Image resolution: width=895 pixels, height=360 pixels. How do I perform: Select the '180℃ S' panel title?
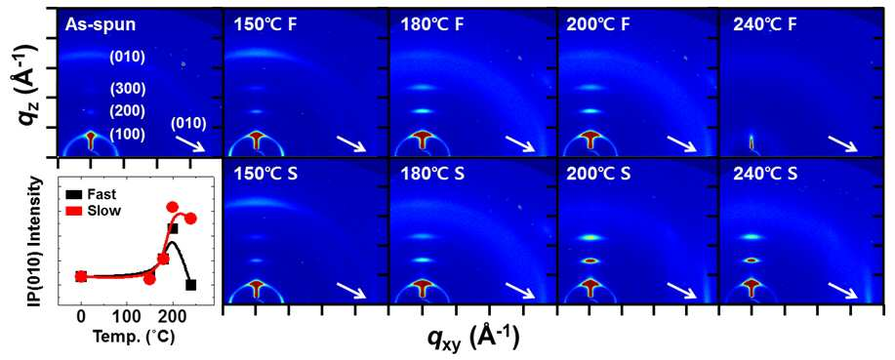click(435, 174)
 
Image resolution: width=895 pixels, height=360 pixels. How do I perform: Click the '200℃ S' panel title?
click(601, 174)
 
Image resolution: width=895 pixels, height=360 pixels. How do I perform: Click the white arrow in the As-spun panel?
click(190, 143)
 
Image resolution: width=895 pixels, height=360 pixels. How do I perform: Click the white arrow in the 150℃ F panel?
click(351, 143)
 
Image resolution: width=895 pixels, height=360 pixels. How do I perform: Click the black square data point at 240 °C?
click(190, 285)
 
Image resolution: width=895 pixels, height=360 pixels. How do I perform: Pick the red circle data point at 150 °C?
click(149, 278)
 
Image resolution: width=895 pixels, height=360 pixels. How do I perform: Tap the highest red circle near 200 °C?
click(173, 208)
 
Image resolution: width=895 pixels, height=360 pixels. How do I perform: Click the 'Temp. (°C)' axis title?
click(136, 336)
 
